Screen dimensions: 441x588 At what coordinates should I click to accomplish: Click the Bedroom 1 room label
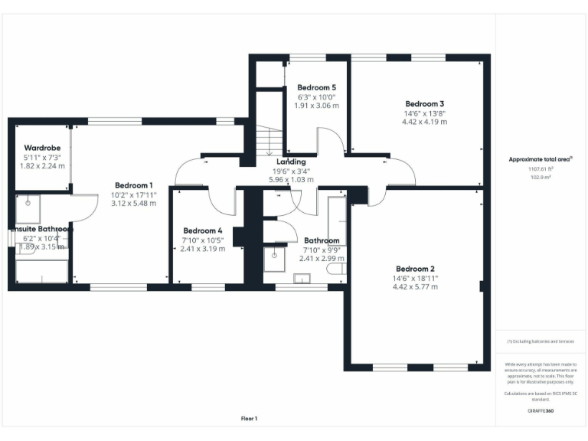[x=134, y=185]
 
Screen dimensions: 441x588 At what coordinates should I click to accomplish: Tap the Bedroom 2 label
[x=415, y=269]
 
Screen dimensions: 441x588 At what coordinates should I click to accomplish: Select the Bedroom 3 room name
[x=425, y=103]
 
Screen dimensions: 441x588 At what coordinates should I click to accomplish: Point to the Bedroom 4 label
[x=203, y=230]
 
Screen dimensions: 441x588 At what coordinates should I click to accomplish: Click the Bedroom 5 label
[x=316, y=87]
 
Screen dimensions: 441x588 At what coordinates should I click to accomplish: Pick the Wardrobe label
[x=42, y=148]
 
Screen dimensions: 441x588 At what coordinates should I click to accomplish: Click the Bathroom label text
[x=322, y=240]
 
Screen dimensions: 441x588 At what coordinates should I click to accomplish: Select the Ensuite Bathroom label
[x=41, y=228]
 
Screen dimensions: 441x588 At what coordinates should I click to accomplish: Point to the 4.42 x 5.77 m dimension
[x=415, y=287]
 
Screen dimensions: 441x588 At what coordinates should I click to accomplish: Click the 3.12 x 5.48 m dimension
[x=134, y=204]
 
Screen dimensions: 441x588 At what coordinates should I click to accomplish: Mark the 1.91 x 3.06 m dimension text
[x=316, y=106]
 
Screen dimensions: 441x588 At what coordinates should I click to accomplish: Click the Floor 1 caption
[x=250, y=418]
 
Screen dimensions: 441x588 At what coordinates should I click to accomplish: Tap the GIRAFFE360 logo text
[x=540, y=411]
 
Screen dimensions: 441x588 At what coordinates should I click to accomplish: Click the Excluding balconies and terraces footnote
[x=540, y=341]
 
